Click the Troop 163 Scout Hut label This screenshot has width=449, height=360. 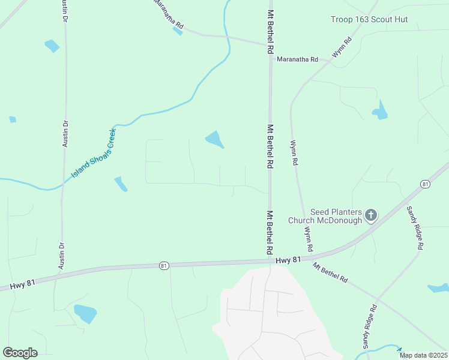[369, 20]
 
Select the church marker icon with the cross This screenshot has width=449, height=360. [371, 215]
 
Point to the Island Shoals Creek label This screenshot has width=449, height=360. [93, 153]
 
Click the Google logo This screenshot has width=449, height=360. [20, 353]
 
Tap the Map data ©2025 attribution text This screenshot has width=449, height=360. [424, 355]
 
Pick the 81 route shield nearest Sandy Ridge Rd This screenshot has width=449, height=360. [425, 184]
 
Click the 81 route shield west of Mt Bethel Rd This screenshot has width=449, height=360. [163, 265]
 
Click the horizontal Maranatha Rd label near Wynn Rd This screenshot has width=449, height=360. [297, 59]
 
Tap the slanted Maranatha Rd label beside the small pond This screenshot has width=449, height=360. [168, 15]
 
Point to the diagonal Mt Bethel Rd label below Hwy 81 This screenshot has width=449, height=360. [330, 272]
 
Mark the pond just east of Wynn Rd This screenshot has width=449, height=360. [379, 110]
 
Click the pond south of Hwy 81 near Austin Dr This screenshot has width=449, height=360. [85, 313]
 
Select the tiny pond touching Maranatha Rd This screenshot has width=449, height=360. [178, 31]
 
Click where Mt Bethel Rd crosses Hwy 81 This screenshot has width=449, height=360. [271, 261]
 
